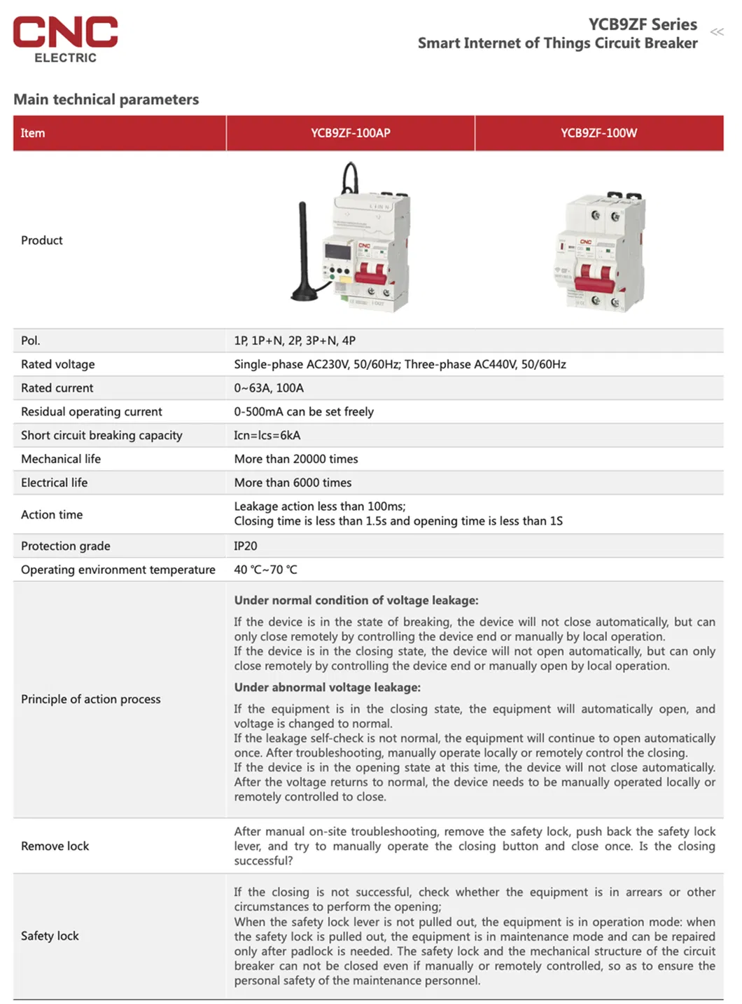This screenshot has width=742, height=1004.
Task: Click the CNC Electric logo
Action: [65, 39]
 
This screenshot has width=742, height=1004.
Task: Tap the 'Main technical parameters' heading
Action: [106, 99]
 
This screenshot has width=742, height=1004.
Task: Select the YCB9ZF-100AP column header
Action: [350, 133]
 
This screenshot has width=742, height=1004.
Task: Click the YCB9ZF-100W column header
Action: [598, 133]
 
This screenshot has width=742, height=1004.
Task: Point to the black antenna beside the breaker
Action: [304, 252]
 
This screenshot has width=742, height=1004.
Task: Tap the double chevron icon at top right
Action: [717, 32]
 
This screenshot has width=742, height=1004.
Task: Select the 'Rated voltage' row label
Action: [58, 364]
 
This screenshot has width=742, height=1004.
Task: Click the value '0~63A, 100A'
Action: [269, 388]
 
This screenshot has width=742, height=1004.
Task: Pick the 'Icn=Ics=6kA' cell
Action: [267, 435]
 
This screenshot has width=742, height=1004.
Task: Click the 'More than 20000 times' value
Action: [296, 459]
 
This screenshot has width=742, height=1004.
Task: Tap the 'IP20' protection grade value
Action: [246, 546]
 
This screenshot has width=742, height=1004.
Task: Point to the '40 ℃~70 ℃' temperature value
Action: [265, 570]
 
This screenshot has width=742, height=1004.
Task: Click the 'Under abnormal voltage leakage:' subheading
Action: [328, 687]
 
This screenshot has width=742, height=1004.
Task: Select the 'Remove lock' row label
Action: [55, 846]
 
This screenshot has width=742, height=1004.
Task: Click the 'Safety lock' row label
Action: [50, 935]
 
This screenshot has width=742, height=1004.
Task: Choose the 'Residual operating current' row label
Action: [92, 412]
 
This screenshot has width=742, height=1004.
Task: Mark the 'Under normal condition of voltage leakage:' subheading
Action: [356, 600]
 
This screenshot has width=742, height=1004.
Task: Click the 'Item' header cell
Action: [33, 133]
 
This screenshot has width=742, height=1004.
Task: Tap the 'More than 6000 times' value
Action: [293, 483]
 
